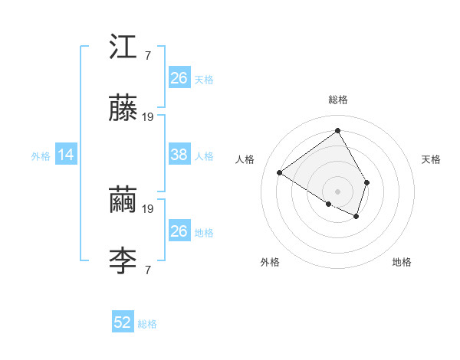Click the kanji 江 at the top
pyautogui.click(x=123, y=48)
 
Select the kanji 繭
pyautogui.click(x=123, y=201)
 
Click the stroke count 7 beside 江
pyautogui.click(x=147, y=56)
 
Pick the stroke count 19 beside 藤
pyautogui.click(x=149, y=117)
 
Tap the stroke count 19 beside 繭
pyautogui.click(x=149, y=208)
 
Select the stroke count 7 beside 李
pyautogui.click(x=147, y=270)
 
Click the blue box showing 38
pyautogui.click(x=179, y=155)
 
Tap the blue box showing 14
pyautogui.click(x=66, y=155)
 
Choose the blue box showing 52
pyautogui.click(x=123, y=322)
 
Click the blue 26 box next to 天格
pyautogui.click(x=179, y=78)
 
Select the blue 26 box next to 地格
pyautogui.click(x=179, y=231)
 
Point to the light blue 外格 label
pyautogui.click(x=41, y=155)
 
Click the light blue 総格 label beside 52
pyautogui.click(x=147, y=323)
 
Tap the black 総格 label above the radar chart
pyautogui.click(x=338, y=100)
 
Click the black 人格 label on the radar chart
pyautogui.click(x=245, y=159)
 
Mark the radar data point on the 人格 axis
pyautogui.click(x=280, y=172)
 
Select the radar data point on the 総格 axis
pyautogui.click(x=338, y=131)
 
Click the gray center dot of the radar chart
pyautogui.click(x=338, y=191)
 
